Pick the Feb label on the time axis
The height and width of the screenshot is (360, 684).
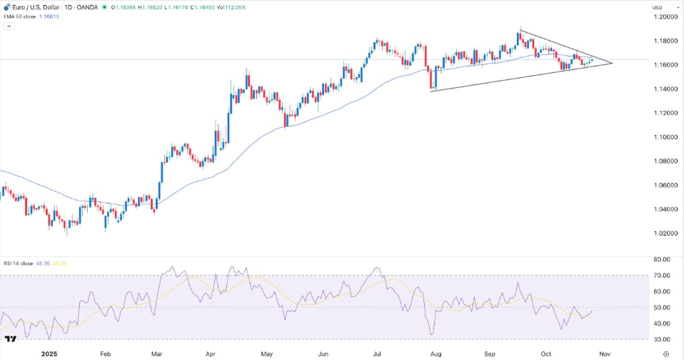pyautogui.click(x=106, y=353)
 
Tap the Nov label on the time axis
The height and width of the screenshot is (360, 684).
pyautogui.click(x=605, y=353)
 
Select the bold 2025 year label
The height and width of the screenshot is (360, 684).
pyautogui.click(x=49, y=353)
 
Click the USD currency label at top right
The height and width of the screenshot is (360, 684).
pyautogui.click(x=658, y=7)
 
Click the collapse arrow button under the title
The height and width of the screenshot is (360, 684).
pyautogui.click(x=9, y=26)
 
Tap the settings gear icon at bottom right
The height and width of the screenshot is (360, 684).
pyautogui.click(x=666, y=353)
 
